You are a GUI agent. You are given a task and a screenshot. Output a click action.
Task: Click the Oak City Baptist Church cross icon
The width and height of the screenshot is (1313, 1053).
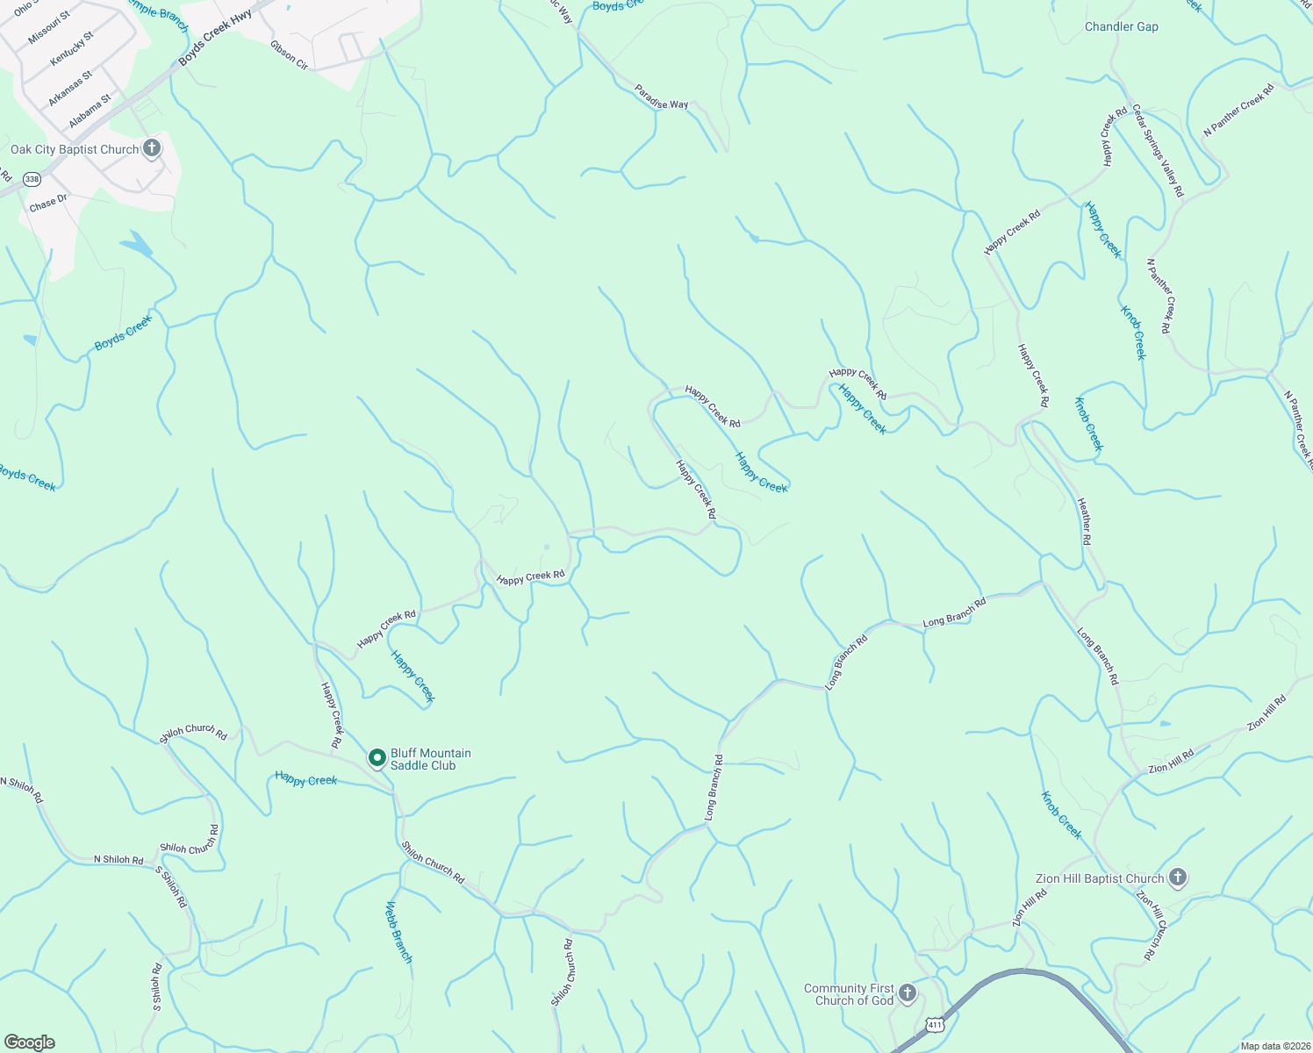pyautogui.click(x=152, y=147)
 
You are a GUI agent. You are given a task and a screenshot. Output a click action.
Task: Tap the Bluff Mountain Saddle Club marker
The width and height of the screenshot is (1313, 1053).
pyautogui.click(x=377, y=757)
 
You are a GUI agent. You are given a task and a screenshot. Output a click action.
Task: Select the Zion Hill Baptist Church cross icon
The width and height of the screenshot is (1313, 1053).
pyautogui.click(x=1178, y=877)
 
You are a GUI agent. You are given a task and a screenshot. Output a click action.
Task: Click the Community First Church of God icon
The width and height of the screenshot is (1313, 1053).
pyautogui.click(x=908, y=993)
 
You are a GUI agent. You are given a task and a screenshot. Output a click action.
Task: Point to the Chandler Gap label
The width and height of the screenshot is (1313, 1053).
pyautogui.click(x=1121, y=27)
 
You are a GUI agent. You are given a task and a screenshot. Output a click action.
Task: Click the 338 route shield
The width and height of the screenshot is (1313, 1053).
pyautogui.click(x=32, y=179)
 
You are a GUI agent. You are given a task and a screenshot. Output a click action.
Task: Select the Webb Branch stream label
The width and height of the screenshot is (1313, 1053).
pyautogui.click(x=398, y=932)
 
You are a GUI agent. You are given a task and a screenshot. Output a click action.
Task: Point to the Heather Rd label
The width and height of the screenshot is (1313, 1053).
pyautogui.click(x=1085, y=521)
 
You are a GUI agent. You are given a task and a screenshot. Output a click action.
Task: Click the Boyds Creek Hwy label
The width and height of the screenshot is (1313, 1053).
pyautogui.click(x=215, y=38)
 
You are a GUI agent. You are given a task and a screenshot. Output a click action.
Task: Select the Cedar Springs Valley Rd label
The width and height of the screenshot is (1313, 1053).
pyautogui.click(x=1158, y=150)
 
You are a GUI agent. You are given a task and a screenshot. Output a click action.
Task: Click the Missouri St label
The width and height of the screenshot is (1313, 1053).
pyautogui.click(x=48, y=28)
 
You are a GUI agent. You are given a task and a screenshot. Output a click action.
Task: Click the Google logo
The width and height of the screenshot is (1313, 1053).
pyautogui.click(x=29, y=1042)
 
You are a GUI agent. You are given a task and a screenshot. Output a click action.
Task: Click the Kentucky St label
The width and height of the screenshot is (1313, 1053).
pyautogui.click(x=71, y=49)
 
